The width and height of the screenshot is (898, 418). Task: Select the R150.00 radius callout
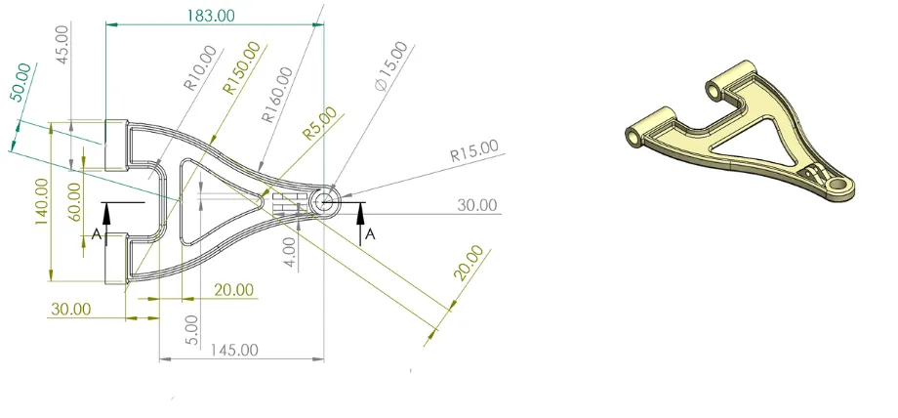pyautogui.click(x=242, y=67)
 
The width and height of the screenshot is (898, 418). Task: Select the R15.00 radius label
pyautogui.click(x=473, y=151)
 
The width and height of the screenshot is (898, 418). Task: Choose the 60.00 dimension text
pyautogui.click(x=75, y=202)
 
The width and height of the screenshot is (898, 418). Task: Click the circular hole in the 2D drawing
pyautogui.click(x=325, y=202)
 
